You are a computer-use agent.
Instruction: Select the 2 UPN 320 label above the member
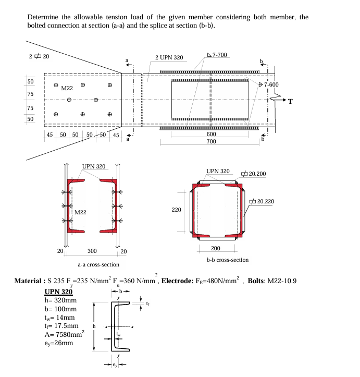point(169,57)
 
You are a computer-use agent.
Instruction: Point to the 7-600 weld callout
point(271,84)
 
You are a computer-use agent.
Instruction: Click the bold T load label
point(291,102)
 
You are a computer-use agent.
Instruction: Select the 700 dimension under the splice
point(211,141)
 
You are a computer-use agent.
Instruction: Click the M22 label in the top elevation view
point(67,88)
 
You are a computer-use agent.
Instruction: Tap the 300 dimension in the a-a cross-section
point(91,251)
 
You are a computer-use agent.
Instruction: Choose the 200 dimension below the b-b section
point(215,248)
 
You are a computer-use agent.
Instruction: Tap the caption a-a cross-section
point(98,264)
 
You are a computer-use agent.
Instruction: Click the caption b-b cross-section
point(228,259)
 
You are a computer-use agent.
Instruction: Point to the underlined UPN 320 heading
point(58,291)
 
